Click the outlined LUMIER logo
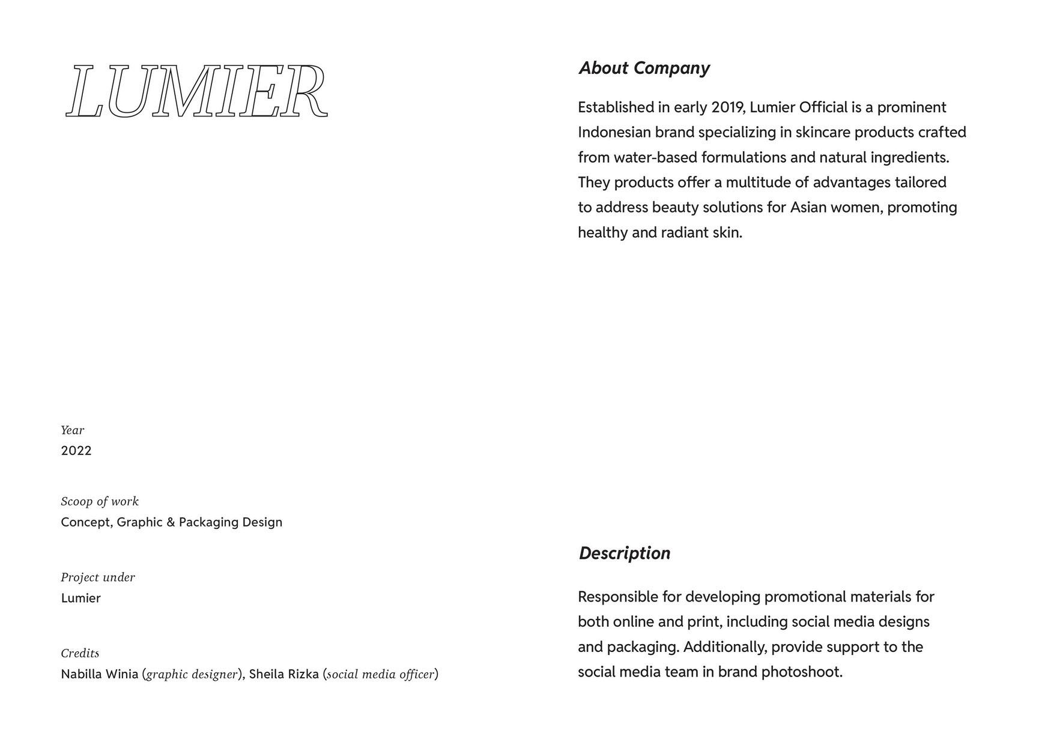click(196, 91)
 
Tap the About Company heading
click(644, 68)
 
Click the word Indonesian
click(614, 132)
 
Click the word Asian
click(808, 207)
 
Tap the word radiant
click(685, 232)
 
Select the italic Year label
click(73, 430)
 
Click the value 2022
click(76, 451)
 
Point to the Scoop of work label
click(100, 501)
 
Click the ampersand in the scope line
click(171, 522)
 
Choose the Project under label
click(98, 577)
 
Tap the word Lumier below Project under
click(81, 598)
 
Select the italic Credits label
click(80, 653)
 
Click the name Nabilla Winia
click(100, 674)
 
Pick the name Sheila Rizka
click(283, 674)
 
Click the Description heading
click(625, 553)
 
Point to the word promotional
click(805, 597)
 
